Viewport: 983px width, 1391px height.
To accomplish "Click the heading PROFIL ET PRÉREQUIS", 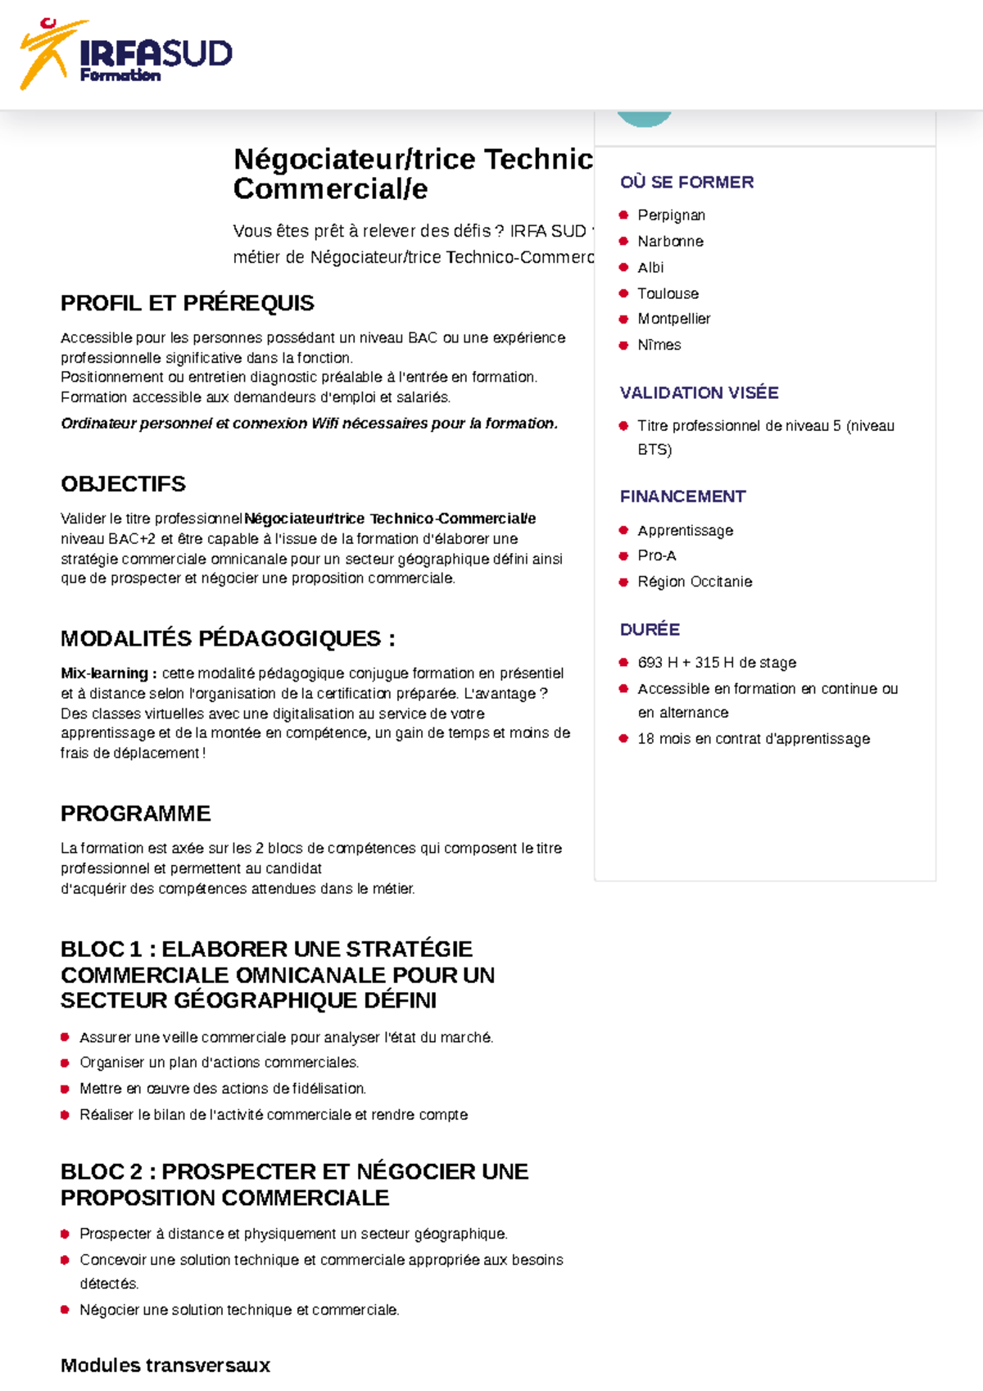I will click(187, 303).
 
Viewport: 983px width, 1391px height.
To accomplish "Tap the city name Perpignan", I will click(671, 215).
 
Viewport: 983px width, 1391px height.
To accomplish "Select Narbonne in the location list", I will click(670, 242).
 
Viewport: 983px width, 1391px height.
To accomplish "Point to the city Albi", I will click(650, 268).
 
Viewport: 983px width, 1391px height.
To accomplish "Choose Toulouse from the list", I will click(668, 293).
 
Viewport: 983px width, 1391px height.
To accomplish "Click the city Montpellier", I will click(673, 319).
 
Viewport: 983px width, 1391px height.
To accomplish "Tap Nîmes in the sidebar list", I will click(659, 345).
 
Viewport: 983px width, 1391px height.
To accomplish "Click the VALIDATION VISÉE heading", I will click(699, 393).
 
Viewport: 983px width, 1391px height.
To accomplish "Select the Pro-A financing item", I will click(656, 555).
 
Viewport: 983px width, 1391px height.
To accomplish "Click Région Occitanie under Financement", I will click(694, 582).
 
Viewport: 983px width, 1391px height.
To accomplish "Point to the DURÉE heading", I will click(650, 629).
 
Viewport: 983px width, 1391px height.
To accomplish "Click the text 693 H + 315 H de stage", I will click(716, 663).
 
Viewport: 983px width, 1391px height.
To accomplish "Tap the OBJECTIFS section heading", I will click(123, 484).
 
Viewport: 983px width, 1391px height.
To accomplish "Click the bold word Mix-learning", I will click(104, 673).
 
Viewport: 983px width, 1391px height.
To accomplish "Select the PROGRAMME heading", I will click(135, 813).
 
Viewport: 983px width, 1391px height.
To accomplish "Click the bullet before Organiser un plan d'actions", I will click(65, 1063).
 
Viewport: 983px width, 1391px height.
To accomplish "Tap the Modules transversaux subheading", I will click(165, 1366).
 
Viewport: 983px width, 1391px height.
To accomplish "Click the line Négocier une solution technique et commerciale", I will click(238, 1310).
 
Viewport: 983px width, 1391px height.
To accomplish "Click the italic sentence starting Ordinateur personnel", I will click(309, 424).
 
